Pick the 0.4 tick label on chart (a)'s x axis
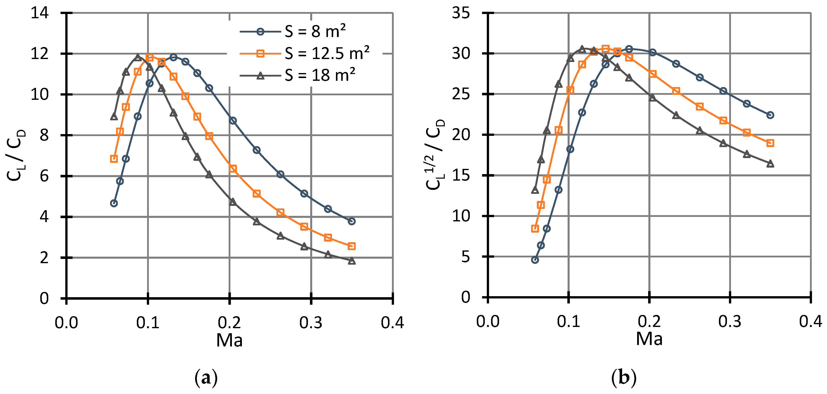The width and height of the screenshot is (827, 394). [x=392, y=322]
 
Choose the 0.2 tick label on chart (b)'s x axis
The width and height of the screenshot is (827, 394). [x=649, y=321]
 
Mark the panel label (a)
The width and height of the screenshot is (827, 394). [x=206, y=378]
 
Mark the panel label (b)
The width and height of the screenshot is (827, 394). [x=623, y=378]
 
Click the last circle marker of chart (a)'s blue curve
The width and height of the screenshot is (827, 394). [x=351, y=221]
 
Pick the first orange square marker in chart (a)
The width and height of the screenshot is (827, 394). [x=114, y=159]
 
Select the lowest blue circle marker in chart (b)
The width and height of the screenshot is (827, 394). [x=535, y=260]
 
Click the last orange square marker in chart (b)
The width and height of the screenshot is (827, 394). [x=770, y=143]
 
